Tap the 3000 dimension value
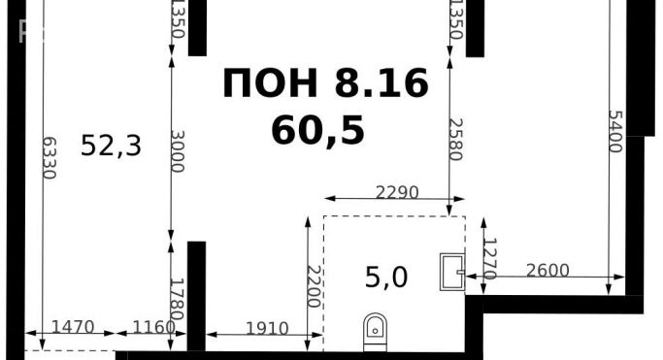tap(177, 150)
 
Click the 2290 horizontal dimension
tap(396, 192)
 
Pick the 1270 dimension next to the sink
tap(490, 259)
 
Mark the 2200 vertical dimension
tap(314, 286)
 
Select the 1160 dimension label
tap(151, 327)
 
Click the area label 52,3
tap(112, 147)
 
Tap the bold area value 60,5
tap(318, 129)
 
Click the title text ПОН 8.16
tap(324, 84)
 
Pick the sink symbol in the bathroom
tap(451, 271)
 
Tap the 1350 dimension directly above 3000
tap(177, 19)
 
